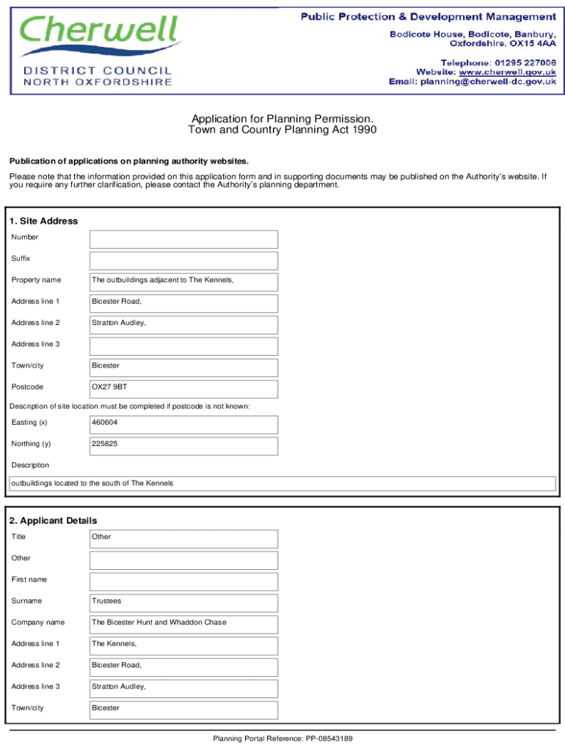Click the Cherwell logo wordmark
click(100, 34)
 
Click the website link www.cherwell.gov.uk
click(507, 72)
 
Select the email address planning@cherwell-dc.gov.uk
click(487, 82)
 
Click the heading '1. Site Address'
click(43, 221)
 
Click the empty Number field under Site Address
click(183, 239)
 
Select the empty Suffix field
click(183, 260)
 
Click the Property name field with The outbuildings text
click(183, 282)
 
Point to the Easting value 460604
click(105, 422)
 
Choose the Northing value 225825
click(105, 444)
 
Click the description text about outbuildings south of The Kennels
click(92, 483)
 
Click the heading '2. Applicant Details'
click(53, 521)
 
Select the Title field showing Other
click(183, 538)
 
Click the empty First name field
click(183, 582)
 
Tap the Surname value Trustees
click(107, 601)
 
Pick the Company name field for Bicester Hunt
click(183, 624)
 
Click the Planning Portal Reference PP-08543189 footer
click(282, 739)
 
